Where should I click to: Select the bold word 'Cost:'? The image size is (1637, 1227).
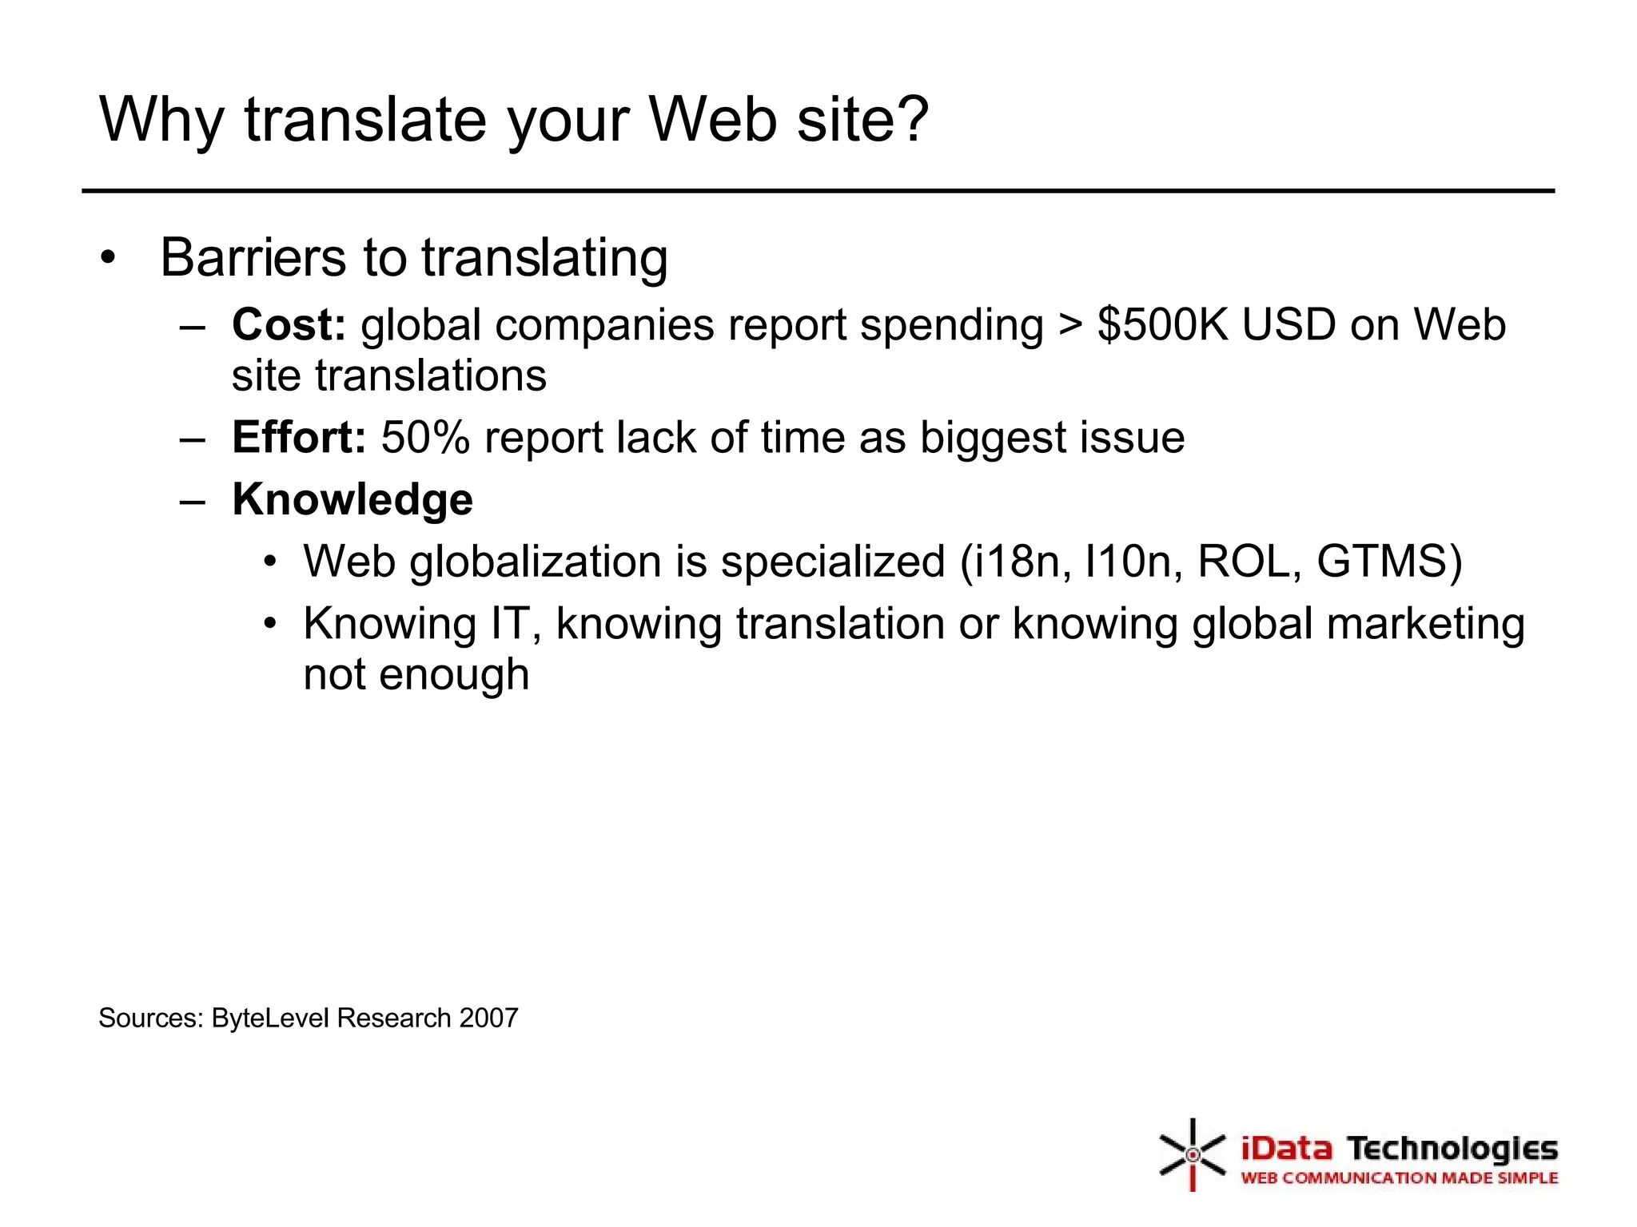pyautogui.click(x=289, y=325)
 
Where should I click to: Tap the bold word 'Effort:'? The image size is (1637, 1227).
pyautogui.click(x=299, y=438)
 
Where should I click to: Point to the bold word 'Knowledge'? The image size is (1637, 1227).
pyautogui.click(x=352, y=500)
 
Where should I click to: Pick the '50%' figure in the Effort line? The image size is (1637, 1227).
pyautogui.click(x=425, y=438)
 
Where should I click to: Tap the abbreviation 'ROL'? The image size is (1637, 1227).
pyautogui.click(x=1244, y=562)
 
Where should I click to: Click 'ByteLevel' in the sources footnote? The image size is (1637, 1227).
pyautogui.click(x=271, y=1019)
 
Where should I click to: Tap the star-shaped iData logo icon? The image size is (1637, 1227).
pyautogui.click(x=1192, y=1154)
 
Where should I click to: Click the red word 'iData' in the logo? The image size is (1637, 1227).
pyautogui.click(x=1287, y=1150)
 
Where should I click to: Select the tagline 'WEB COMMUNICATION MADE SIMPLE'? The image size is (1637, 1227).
pyautogui.click(x=1399, y=1178)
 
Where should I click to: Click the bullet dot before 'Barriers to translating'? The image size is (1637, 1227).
pyautogui.click(x=109, y=258)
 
